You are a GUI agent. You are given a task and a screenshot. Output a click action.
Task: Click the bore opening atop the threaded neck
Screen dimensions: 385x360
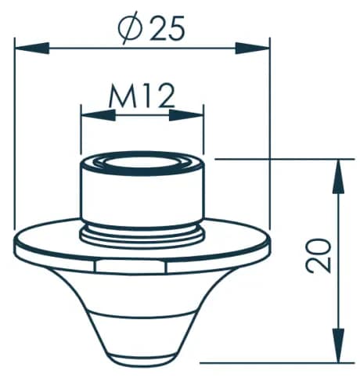point(142,166)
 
